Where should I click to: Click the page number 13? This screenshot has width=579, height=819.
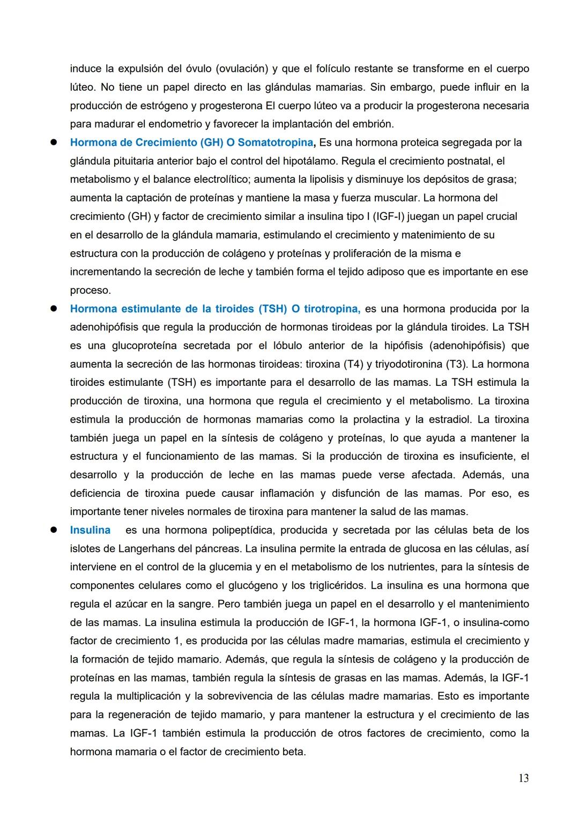(x=523, y=778)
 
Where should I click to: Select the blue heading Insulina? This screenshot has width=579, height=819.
(x=90, y=530)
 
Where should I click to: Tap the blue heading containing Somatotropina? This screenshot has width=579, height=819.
(x=192, y=143)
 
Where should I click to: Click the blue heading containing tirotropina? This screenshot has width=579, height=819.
(x=214, y=309)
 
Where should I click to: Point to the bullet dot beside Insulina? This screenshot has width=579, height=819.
(x=54, y=530)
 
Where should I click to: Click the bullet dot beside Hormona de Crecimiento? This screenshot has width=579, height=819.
(x=54, y=143)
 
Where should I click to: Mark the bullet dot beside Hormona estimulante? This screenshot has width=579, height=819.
(x=54, y=309)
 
